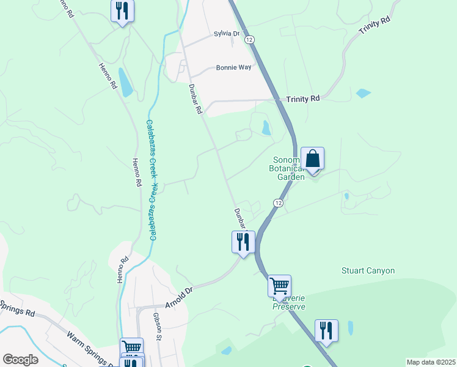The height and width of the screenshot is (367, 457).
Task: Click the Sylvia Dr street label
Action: [x=228, y=34]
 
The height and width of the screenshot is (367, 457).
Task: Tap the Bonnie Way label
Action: [x=233, y=68]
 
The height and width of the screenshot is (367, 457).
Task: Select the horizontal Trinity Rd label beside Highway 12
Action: [x=303, y=98]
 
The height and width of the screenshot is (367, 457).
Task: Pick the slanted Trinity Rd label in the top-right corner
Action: [x=374, y=28]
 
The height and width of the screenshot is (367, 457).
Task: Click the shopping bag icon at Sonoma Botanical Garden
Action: [x=312, y=159]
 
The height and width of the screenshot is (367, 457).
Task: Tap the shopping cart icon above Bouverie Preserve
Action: [x=279, y=286]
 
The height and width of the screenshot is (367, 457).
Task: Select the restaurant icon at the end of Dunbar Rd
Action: [x=243, y=242]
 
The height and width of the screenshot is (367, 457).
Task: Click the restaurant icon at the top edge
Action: [x=122, y=11]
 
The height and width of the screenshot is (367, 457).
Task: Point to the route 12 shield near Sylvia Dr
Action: [x=249, y=39]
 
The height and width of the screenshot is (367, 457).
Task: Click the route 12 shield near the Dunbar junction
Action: [x=279, y=203]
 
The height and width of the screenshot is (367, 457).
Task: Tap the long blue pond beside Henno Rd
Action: [x=125, y=82]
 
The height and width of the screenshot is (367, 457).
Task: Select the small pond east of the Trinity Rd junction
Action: [x=363, y=94]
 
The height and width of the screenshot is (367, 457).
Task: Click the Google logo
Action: [x=20, y=360]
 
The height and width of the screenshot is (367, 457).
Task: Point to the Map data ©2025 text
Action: [x=431, y=362]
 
